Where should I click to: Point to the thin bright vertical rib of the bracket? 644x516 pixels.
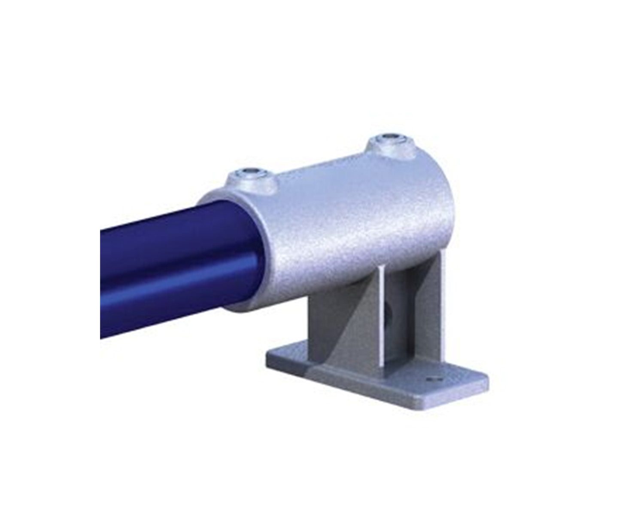[x=381, y=318]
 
